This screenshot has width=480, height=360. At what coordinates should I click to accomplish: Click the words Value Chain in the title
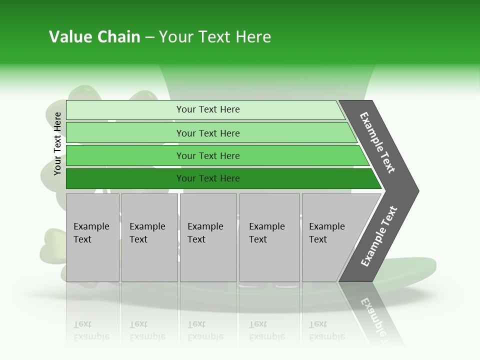(94, 37)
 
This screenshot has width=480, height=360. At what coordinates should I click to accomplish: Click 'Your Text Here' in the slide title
(215, 37)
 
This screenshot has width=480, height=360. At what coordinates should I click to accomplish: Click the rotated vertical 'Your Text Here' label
(57, 143)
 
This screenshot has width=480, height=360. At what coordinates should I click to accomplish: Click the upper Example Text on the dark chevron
(377, 142)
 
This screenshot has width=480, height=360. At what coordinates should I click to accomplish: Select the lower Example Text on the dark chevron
(378, 236)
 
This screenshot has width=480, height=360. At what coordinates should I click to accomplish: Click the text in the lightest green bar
(208, 109)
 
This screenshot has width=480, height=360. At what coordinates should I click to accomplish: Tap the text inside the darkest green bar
(208, 178)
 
